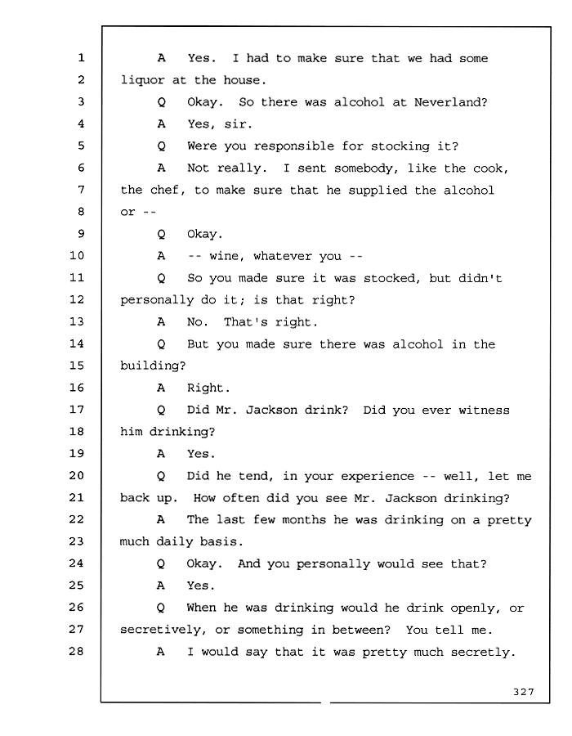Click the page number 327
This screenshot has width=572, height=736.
(x=523, y=691)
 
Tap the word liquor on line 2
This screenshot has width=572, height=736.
(x=142, y=81)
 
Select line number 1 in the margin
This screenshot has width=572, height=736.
(x=81, y=58)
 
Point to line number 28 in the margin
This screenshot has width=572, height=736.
(x=77, y=651)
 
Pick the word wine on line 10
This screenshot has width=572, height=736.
(x=224, y=256)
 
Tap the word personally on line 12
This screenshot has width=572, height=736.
(x=157, y=300)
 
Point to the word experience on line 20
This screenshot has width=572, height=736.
(x=378, y=477)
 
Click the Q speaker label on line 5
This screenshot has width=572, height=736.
(x=161, y=146)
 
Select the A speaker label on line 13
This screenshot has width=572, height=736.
(x=161, y=322)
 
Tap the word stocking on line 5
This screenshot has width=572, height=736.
(x=400, y=146)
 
